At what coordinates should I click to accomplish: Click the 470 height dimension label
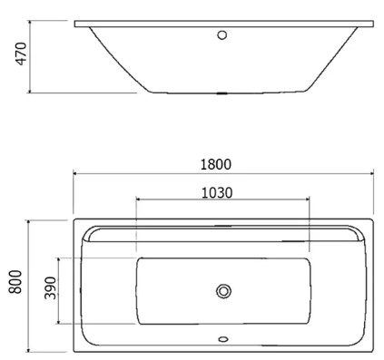click(22, 54)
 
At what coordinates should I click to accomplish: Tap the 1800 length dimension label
click(216, 165)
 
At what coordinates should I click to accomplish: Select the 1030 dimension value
click(217, 193)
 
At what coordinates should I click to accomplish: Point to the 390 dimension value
click(50, 287)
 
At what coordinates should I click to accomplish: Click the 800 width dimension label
click(15, 282)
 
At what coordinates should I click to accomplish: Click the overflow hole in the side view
click(222, 34)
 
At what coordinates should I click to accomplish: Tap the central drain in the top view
click(223, 291)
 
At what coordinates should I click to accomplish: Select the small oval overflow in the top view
click(223, 339)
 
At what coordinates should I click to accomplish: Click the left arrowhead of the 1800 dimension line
click(75, 173)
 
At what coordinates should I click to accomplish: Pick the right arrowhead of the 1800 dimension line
click(371, 173)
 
